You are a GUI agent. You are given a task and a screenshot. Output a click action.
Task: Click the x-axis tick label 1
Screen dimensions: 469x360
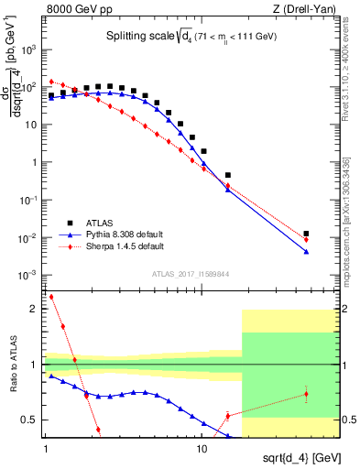45,449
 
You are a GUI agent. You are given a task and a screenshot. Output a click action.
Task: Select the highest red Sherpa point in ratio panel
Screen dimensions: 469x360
51,297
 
